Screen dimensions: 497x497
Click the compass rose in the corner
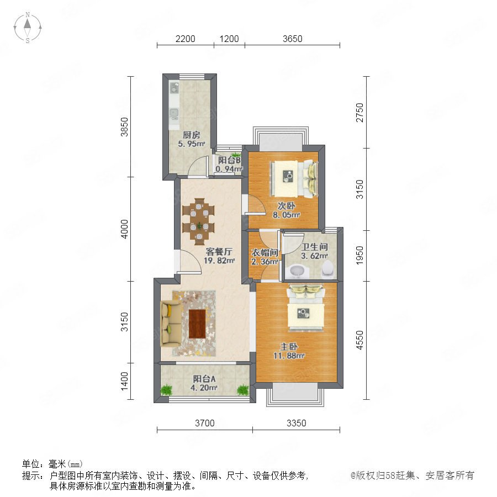(28, 28)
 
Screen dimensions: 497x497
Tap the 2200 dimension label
(185, 39)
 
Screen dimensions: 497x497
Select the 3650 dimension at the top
(292, 39)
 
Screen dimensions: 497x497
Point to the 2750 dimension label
(359, 112)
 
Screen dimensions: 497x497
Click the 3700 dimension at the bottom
(204, 423)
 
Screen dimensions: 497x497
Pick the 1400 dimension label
(125, 381)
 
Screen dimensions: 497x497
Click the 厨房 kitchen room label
(192, 135)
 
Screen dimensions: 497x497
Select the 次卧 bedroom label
(287, 206)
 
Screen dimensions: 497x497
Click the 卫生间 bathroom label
(314, 247)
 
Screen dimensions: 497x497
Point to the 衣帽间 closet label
(265, 252)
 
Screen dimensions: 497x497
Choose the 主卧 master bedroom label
(289, 346)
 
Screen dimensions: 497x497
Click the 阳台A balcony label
(204, 379)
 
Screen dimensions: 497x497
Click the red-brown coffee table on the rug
(197, 324)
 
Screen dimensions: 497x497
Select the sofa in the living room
(171, 324)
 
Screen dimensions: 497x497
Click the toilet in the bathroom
(328, 269)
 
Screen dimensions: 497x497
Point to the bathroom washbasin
(297, 271)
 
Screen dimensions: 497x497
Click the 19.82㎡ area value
(219, 261)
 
